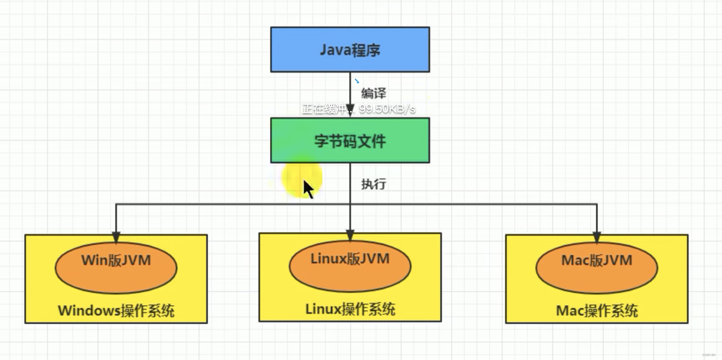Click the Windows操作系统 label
tap(116, 311)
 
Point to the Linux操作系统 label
tap(350, 309)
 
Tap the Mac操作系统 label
tap(597, 311)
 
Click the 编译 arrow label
tap(373, 93)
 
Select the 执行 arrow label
tap(373, 184)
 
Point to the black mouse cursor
tap(307, 188)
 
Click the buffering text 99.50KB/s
tap(387, 109)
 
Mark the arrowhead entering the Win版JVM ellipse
tap(116, 238)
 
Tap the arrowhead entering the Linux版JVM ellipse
tap(350, 235)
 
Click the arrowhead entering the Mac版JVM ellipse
tap(597, 238)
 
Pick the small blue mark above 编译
tap(357, 81)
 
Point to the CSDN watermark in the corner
tap(708, 355)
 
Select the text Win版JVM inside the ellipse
tap(116, 260)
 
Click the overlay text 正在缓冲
tap(324, 109)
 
